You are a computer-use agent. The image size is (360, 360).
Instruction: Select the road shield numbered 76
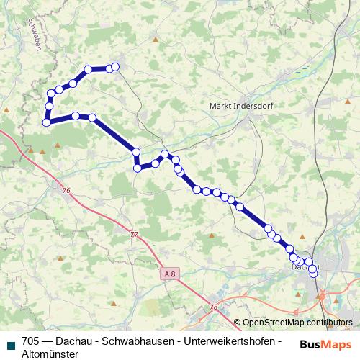pyautogui.click(x=66, y=190)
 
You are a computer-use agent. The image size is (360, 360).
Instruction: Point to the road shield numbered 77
pyautogui.click(x=134, y=235)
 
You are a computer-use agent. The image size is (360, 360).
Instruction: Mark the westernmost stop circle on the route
pyautogui.click(x=46, y=122)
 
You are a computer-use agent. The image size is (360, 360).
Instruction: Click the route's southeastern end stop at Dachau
pyautogui.click(x=313, y=273)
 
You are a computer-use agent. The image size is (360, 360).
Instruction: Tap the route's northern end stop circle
pyautogui.click(x=114, y=68)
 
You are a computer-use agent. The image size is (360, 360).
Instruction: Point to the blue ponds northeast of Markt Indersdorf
pyautogui.click(x=302, y=71)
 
